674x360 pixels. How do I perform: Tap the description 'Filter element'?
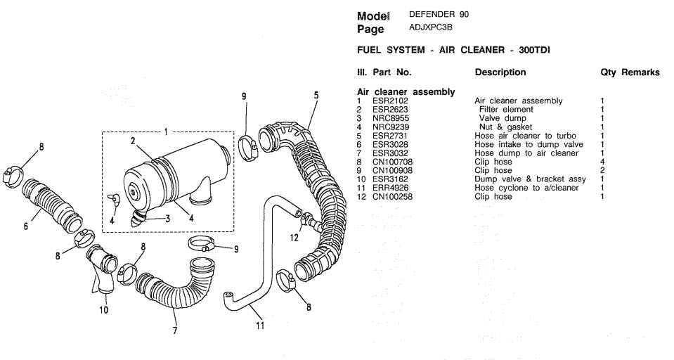click(x=506, y=109)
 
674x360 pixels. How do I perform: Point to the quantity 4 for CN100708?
click(x=602, y=162)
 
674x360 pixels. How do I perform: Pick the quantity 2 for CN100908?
click(x=602, y=171)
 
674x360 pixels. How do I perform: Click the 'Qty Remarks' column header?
click(x=630, y=72)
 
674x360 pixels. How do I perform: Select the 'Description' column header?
click(x=500, y=72)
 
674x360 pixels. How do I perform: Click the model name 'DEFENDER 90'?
click(x=439, y=14)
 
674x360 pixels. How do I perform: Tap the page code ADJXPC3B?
click(x=430, y=28)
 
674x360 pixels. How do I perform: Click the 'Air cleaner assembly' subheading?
click(x=406, y=92)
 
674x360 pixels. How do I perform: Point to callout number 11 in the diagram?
click(x=260, y=326)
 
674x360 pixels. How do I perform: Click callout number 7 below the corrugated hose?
click(x=174, y=330)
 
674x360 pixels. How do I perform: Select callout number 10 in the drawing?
click(x=103, y=309)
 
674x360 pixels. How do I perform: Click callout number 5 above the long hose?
click(x=316, y=95)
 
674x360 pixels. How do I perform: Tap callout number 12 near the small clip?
click(x=294, y=238)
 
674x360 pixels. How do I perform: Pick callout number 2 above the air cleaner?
click(x=133, y=141)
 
